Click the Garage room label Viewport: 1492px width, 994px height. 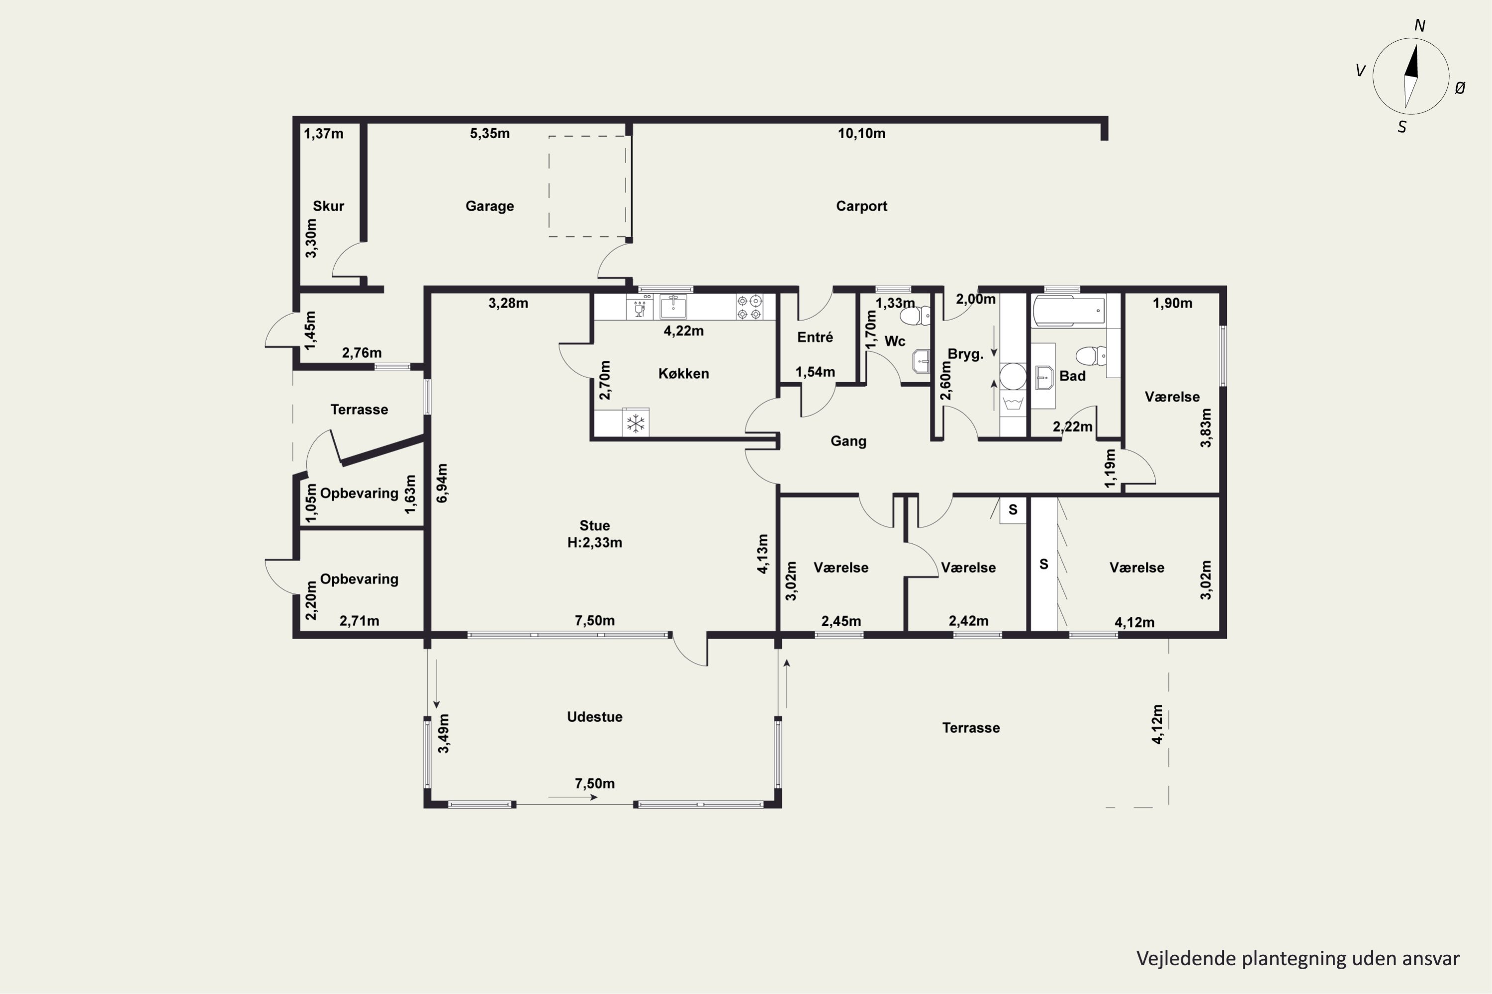pos(490,206)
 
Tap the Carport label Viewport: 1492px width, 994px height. pos(861,206)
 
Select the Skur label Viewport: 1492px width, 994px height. pos(329,206)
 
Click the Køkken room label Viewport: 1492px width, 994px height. pos(684,373)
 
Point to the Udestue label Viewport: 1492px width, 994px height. pos(594,717)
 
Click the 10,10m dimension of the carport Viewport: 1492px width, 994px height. pos(861,133)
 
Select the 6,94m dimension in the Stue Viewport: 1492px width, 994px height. pos(442,483)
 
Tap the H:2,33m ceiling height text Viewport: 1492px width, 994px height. pos(594,543)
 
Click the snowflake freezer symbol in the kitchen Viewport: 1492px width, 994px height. pos(636,423)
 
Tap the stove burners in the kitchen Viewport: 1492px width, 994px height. pos(749,307)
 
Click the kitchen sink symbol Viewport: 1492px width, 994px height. pos(673,307)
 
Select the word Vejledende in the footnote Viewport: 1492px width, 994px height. pos(1187,959)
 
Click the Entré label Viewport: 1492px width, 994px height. pos(815,337)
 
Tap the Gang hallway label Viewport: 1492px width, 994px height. pos(848,441)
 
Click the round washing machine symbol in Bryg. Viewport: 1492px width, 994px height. pos(1013,376)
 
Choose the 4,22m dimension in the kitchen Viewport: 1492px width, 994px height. pos(684,331)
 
